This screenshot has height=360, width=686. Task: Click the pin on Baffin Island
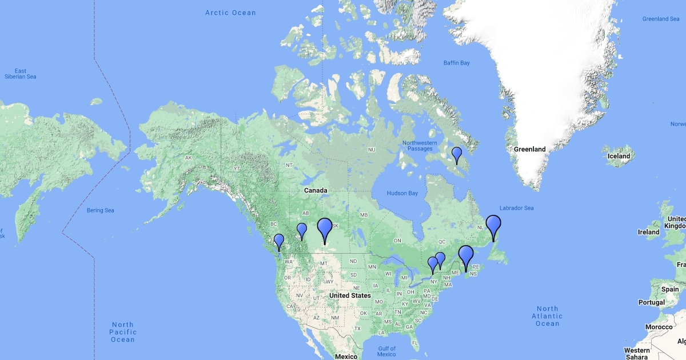click(x=457, y=154)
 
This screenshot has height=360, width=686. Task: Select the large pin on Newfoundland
click(x=493, y=225)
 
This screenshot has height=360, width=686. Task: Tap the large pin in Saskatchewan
click(x=325, y=228)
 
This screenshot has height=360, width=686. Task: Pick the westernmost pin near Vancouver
click(x=279, y=241)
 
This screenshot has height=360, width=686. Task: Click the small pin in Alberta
click(x=302, y=230)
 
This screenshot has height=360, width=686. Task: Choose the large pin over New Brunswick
click(x=466, y=255)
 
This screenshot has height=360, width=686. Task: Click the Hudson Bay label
click(x=402, y=193)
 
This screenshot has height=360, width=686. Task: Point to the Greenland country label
click(x=529, y=149)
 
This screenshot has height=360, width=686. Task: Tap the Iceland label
click(x=619, y=156)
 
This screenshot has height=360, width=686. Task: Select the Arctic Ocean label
click(x=230, y=13)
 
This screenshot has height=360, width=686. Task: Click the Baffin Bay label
click(x=456, y=63)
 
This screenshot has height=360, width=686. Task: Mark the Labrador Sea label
click(x=516, y=208)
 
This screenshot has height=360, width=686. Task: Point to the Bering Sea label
click(x=100, y=210)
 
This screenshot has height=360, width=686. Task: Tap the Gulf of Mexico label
click(x=386, y=351)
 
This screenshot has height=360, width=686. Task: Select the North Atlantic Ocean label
click(x=547, y=316)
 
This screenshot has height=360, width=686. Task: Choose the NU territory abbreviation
click(x=371, y=150)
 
